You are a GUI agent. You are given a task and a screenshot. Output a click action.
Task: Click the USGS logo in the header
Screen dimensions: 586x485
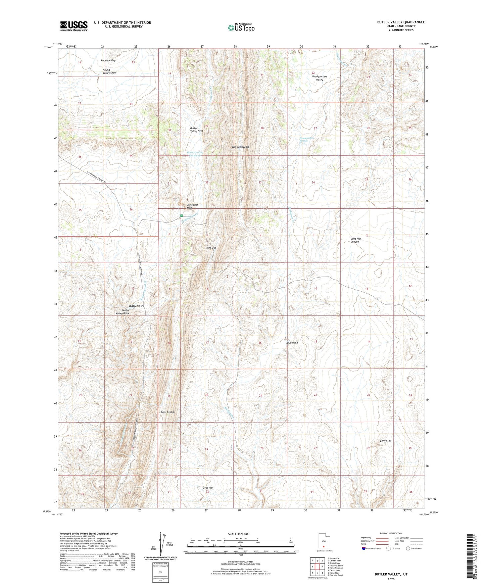pos(74,26)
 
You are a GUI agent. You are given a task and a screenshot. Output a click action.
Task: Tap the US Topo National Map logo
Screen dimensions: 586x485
pos(241,27)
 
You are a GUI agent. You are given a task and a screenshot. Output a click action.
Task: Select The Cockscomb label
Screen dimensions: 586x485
pos(240,147)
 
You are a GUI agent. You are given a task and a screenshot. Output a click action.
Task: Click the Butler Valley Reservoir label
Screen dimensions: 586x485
pos(196,154)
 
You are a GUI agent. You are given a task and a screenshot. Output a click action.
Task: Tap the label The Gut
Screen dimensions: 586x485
pos(211,248)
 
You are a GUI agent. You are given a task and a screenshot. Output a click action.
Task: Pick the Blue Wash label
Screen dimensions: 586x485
pos(292,343)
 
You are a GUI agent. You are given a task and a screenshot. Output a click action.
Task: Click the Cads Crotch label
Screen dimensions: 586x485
pos(168,412)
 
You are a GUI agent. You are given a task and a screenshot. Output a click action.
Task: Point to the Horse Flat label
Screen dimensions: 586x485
pos(207,488)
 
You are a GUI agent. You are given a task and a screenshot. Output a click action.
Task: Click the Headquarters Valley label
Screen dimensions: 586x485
pos(319,78)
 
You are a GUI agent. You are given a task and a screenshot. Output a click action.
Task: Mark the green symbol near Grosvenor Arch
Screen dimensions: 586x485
pos(182,215)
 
